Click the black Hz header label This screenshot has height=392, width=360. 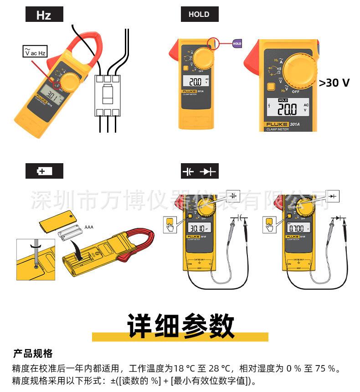point(44,15)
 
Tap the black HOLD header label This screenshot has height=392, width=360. point(199,15)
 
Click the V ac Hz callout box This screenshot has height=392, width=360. point(35,51)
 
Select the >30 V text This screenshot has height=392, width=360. point(334,83)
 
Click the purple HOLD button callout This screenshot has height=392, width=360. point(237,44)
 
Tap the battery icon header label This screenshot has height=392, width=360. point(44,171)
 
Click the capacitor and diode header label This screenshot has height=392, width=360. point(200,172)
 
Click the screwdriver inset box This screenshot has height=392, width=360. point(35,259)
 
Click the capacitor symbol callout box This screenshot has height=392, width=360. point(233,195)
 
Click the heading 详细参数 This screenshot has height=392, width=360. point(180,325)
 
